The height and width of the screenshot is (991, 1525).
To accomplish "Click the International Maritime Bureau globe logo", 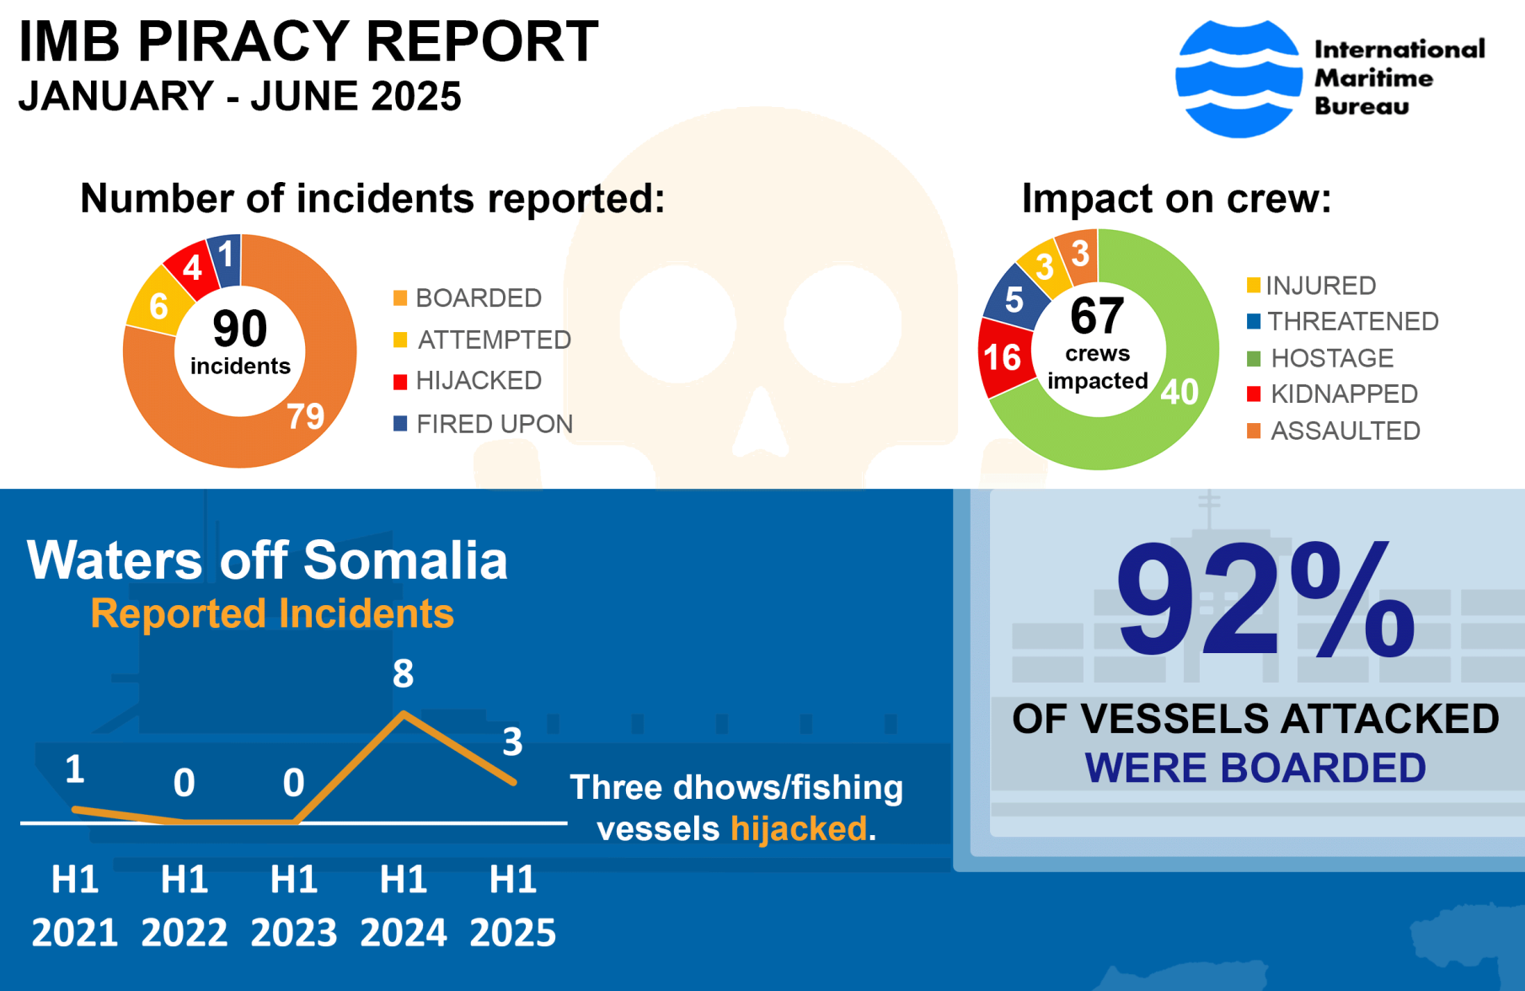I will [1238, 78].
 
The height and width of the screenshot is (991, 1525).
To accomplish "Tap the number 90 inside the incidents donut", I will [239, 329].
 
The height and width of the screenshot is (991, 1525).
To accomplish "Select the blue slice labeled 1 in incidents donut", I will [226, 256].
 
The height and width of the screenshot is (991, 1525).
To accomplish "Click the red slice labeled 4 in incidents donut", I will [193, 269].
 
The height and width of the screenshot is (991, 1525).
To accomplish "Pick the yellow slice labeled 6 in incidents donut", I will [158, 305].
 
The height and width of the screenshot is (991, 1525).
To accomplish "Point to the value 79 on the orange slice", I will [305, 415].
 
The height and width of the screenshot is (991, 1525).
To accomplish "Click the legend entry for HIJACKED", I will [478, 381].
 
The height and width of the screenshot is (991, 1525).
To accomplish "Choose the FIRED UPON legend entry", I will [494, 424].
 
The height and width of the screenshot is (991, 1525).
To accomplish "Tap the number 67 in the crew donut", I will [1097, 317].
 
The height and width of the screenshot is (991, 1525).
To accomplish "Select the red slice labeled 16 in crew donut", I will [1003, 357].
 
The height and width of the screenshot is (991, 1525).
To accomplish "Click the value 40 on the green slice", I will [1179, 392].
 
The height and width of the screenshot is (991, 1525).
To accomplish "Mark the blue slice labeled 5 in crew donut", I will [1014, 300].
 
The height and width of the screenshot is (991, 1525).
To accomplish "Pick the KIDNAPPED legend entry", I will [1343, 394].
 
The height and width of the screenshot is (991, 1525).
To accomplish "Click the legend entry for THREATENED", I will [1352, 321].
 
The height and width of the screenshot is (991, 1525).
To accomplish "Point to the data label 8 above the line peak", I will [403, 673].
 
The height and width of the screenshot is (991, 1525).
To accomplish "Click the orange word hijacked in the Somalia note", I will [798, 828].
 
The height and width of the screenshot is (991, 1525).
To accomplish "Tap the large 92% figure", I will [1264, 603].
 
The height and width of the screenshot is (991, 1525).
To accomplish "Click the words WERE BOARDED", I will [1255, 768].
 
